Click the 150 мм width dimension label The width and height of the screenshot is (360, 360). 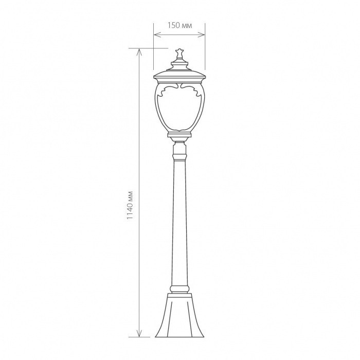click(x=179, y=26)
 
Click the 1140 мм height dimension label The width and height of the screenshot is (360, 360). click(x=130, y=205)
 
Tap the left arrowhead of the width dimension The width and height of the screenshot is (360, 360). click(x=157, y=34)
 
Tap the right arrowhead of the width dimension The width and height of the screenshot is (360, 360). click(x=202, y=34)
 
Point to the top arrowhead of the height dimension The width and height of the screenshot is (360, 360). click(x=139, y=52)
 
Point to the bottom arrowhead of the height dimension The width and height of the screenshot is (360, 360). click(x=139, y=334)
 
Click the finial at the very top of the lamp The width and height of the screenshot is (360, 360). click(x=179, y=54)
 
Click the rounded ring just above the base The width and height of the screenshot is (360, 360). click(x=179, y=289)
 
